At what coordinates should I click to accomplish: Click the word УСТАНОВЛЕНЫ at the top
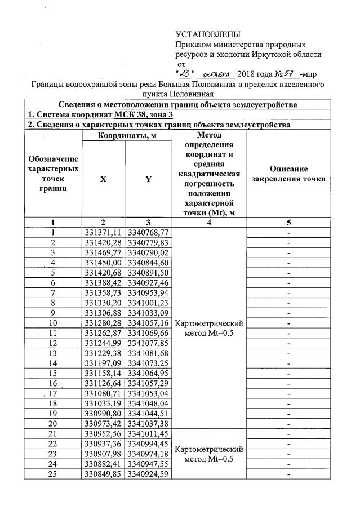click(x=208, y=34)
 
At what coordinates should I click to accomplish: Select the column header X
click(x=103, y=179)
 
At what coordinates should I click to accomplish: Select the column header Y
click(x=148, y=179)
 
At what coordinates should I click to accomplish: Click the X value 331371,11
click(x=103, y=232)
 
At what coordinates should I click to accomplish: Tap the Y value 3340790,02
click(x=148, y=252)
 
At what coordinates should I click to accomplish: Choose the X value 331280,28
click(x=103, y=323)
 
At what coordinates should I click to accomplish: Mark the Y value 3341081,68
click(x=148, y=354)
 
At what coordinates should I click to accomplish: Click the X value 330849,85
click(x=103, y=476)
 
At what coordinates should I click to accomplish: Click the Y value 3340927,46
click(x=148, y=283)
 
